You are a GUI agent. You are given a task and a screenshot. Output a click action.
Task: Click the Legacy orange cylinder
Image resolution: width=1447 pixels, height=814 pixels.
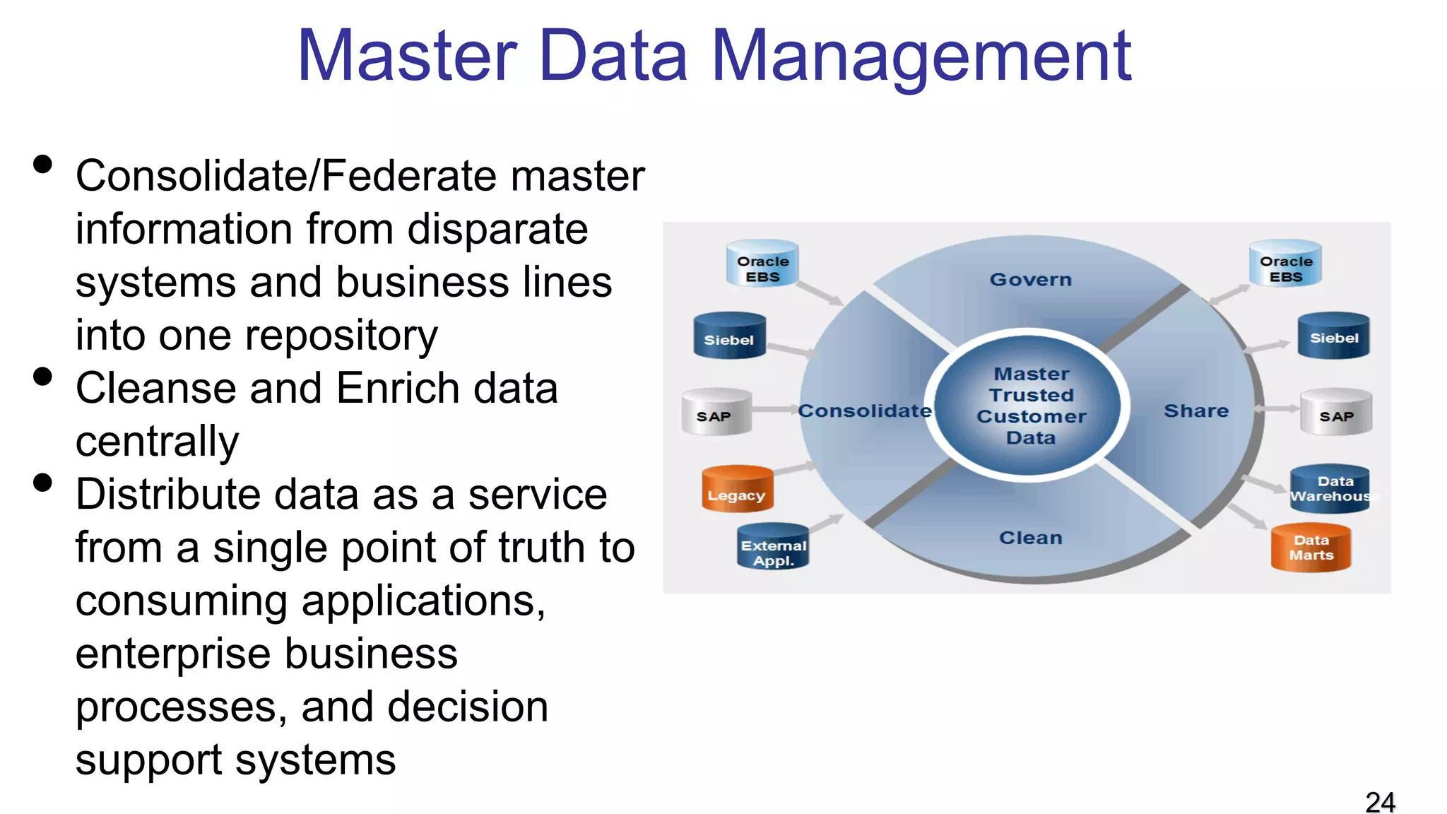coord(737,489)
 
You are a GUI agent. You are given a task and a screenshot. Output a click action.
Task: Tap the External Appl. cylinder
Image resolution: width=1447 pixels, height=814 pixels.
coord(772,548)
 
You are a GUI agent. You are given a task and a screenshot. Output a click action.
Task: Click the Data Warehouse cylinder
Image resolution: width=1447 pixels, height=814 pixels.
coord(1330,489)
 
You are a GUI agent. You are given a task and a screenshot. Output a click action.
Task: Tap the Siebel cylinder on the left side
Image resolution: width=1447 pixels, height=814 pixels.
coord(729,337)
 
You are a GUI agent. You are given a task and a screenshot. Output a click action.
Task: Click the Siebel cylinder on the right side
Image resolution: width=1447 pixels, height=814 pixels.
coord(1334,336)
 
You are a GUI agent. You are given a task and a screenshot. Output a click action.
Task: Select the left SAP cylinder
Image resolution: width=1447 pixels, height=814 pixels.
coord(716,413)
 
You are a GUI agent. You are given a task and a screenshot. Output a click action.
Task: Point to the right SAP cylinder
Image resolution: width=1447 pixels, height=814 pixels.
coord(1336,413)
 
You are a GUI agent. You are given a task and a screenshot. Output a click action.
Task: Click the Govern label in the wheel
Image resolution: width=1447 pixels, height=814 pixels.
coord(1030,280)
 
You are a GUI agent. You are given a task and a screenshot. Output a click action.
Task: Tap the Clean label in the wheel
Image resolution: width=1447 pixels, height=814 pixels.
coord(1030,538)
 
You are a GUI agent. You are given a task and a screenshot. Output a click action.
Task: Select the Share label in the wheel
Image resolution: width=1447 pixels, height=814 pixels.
coord(1196,411)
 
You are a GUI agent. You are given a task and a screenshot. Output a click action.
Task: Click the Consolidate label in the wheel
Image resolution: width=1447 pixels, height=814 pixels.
coord(864,411)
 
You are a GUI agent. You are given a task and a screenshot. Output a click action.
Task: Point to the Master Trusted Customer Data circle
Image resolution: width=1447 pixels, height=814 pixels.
coord(1030,406)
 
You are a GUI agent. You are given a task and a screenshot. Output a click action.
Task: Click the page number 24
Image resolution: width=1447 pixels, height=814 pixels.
coord(1380,803)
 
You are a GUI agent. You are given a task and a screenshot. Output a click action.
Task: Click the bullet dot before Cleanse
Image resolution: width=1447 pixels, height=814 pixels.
coord(43,377)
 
